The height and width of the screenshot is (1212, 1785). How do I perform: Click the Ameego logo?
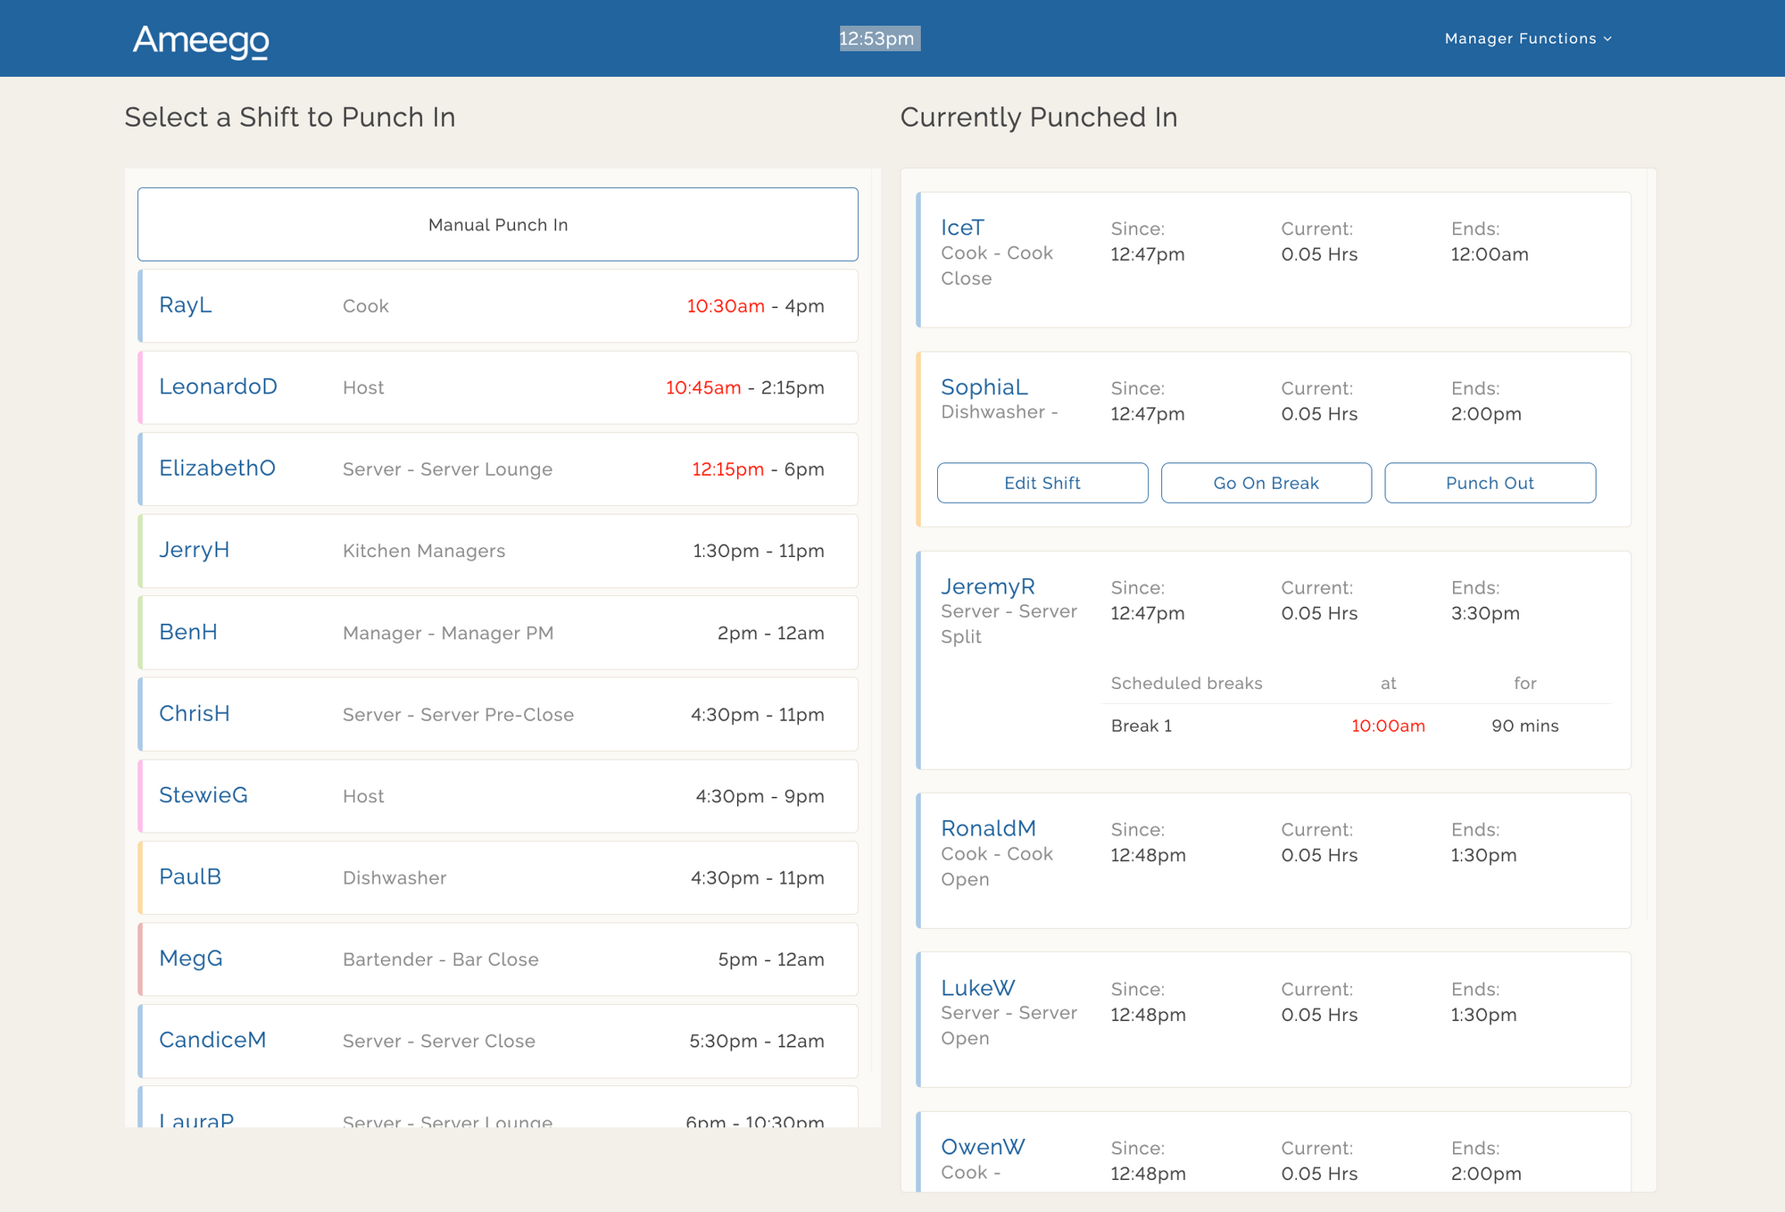201,40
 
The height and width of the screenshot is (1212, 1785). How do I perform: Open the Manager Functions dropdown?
1527,38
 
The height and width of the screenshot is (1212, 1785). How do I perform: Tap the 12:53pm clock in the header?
877,38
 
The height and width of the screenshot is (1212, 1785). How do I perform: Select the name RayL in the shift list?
186,305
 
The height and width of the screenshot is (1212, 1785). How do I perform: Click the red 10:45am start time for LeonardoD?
703,387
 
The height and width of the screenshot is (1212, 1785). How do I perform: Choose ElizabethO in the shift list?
217,469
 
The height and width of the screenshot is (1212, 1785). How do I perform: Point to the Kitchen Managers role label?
424,551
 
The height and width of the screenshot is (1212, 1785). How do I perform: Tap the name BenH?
188,632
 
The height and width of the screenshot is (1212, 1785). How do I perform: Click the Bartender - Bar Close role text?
441,959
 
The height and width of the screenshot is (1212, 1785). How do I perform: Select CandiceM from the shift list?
212,1041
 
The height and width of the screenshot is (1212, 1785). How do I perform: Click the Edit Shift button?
1042,483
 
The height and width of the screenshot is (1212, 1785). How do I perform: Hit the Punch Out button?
1490,483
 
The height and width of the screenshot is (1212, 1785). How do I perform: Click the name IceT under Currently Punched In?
962,228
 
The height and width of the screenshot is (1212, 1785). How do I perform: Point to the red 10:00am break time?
1388,726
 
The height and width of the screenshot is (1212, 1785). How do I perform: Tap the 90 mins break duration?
1524,726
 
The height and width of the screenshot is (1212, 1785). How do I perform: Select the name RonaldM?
988,828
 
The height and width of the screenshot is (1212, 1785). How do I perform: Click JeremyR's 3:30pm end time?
1485,613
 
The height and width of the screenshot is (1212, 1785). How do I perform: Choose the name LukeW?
977,988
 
